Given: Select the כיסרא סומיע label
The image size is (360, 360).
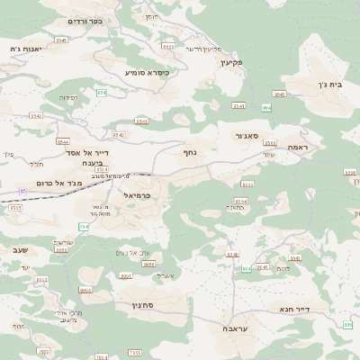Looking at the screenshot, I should pyautogui.click(x=147, y=71).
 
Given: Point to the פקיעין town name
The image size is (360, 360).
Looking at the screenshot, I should pyautogui.click(x=231, y=63).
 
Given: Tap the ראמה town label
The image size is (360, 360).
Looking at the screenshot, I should pyautogui.click(x=298, y=146).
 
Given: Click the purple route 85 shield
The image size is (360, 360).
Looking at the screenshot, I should pyautogui.click(x=22, y=192).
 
